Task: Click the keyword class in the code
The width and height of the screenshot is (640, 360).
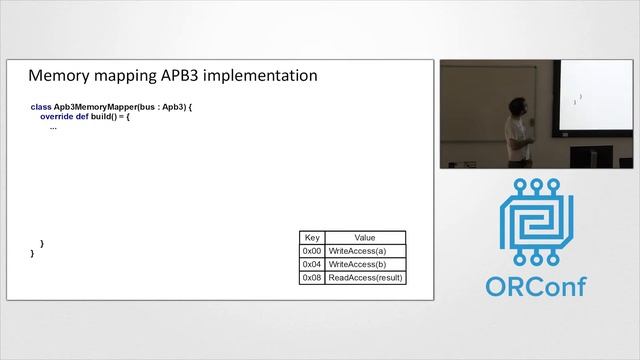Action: (x=41, y=106)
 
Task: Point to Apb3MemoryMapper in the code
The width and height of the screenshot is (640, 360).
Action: (x=94, y=106)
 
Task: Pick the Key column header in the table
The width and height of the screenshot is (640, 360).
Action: (x=312, y=238)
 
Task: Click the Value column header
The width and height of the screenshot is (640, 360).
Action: (x=364, y=238)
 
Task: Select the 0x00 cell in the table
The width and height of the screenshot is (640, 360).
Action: (x=312, y=251)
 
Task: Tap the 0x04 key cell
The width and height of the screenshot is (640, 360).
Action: (x=312, y=264)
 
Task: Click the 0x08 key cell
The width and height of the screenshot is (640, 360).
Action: (x=312, y=277)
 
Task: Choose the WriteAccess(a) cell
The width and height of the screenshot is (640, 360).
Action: (x=357, y=251)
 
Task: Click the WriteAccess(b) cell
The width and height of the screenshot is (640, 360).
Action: (x=357, y=264)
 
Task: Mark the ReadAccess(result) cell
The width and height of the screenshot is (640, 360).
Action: (x=365, y=277)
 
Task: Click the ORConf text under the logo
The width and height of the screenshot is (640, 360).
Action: (x=536, y=286)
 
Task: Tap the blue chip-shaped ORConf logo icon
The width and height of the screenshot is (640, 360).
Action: (x=537, y=224)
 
